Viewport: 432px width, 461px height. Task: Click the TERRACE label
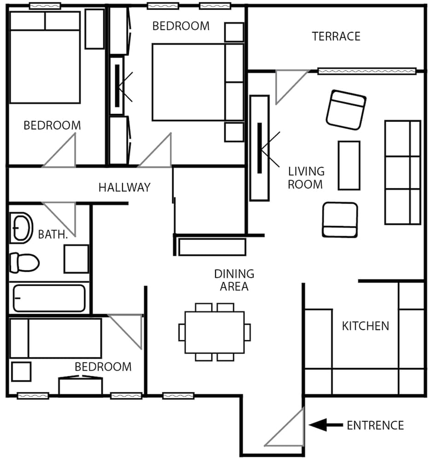336,36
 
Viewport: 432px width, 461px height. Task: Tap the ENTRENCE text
375,426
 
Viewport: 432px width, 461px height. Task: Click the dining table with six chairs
215,332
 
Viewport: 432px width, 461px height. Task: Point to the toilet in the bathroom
24,262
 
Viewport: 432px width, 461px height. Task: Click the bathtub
49,298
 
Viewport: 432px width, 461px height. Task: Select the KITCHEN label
365,326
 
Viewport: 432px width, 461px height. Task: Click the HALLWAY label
124,187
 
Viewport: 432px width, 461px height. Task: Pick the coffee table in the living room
349,165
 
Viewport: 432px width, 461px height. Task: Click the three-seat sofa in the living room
403,172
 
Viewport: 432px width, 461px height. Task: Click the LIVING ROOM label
306,177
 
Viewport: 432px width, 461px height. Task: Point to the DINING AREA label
234,280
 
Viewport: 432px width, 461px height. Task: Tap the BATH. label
53,235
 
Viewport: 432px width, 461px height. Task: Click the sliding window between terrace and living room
367,71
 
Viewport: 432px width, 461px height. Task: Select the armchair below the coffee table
340,220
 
